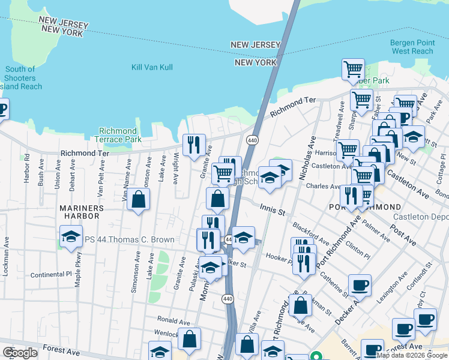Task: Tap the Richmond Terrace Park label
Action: (x=118, y=135)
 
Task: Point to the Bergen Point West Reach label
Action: (x=411, y=47)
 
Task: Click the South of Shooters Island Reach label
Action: (x=20, y=78)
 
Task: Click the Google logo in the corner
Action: (x=19, y=353)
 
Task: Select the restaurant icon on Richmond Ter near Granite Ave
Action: (x=194, y=145)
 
